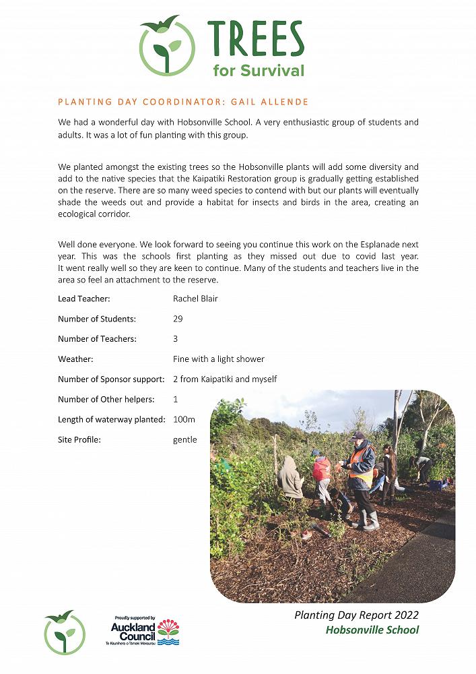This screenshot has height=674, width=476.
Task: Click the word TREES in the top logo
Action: click(x=256, y=38)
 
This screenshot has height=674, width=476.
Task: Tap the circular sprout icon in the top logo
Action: click(x=167, y=47)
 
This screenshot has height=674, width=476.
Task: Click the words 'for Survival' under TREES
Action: click(x=259, y=70)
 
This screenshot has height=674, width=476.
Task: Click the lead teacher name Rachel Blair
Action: click(x=195, y=299)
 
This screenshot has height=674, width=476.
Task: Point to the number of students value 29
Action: click(x=178, y=319)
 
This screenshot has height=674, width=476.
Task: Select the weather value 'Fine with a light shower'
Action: click(x=218, y=359)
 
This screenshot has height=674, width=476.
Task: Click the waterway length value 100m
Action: click(x=184, y=419)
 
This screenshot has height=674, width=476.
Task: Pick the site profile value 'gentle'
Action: click(x=185, y=439)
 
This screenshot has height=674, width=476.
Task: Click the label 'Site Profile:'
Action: click(x=79, y=439)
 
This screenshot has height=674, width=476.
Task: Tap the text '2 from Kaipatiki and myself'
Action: click(x=225, y=379)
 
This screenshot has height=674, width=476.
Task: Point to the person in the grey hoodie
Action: click(x=290, y=478)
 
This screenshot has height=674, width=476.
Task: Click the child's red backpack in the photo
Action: click(x=322, y=469)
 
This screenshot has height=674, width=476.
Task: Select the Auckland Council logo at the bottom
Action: click(x=145, y=632)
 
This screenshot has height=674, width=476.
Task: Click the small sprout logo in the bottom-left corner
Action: click(x=65, y=632)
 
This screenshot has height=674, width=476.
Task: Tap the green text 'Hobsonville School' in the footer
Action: click(x=372, y=630)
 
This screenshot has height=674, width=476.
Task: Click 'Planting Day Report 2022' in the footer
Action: click(x=356, y=615)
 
